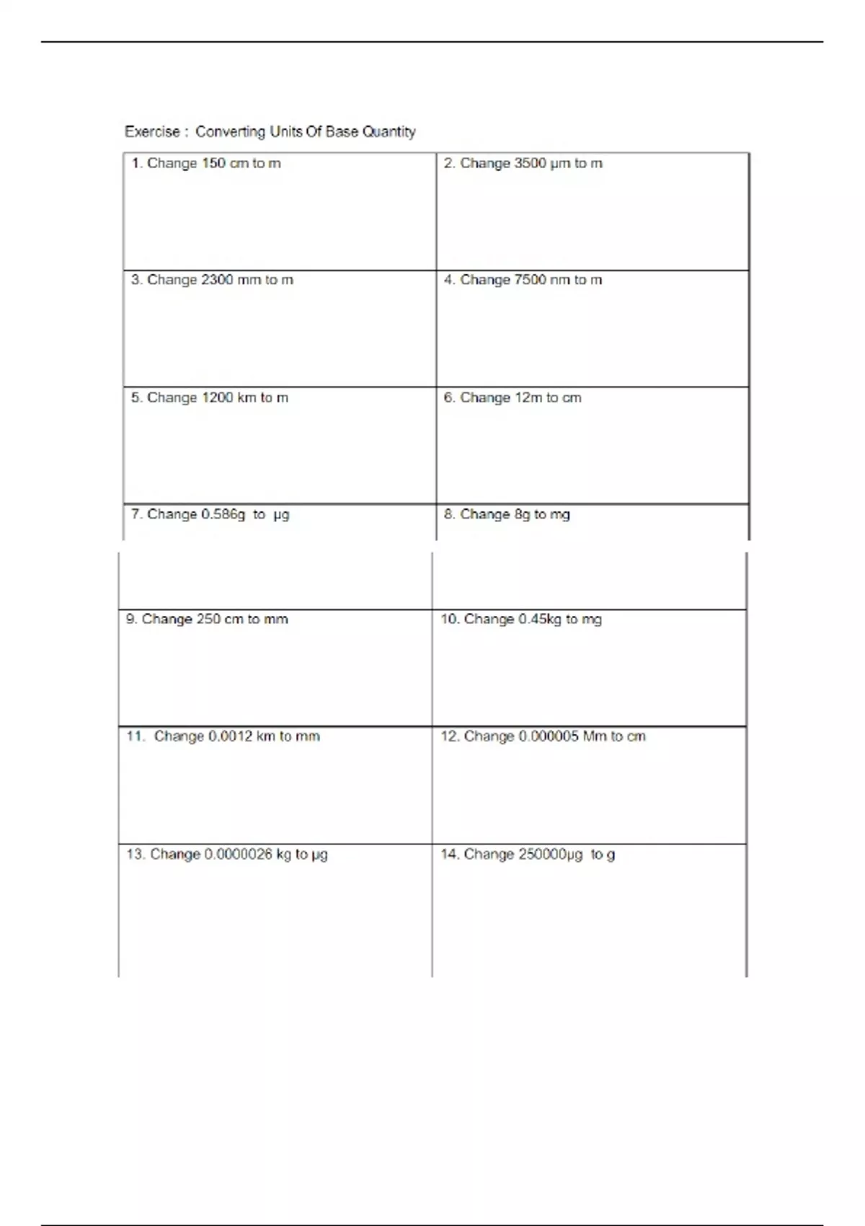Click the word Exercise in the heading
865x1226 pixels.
coord(152,132)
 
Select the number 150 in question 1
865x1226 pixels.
coord(213,164)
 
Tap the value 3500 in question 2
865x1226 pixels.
coord(530,164)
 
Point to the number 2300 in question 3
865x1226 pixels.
coord(217,280)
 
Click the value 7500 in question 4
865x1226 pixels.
coord(530,280)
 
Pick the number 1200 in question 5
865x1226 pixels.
coord(217,398)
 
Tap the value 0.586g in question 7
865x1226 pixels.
coord(223,515)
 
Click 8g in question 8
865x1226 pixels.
coord(522,515)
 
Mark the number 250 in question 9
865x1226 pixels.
coord(208,619)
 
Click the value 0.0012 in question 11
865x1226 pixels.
coord(230,736)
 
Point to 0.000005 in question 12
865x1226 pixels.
coord(548,736)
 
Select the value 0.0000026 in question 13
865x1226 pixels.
coord(238,855)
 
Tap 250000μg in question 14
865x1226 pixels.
coord(551,855)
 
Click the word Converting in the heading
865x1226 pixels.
coord(230,132)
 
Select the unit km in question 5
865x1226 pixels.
coord(247,398)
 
